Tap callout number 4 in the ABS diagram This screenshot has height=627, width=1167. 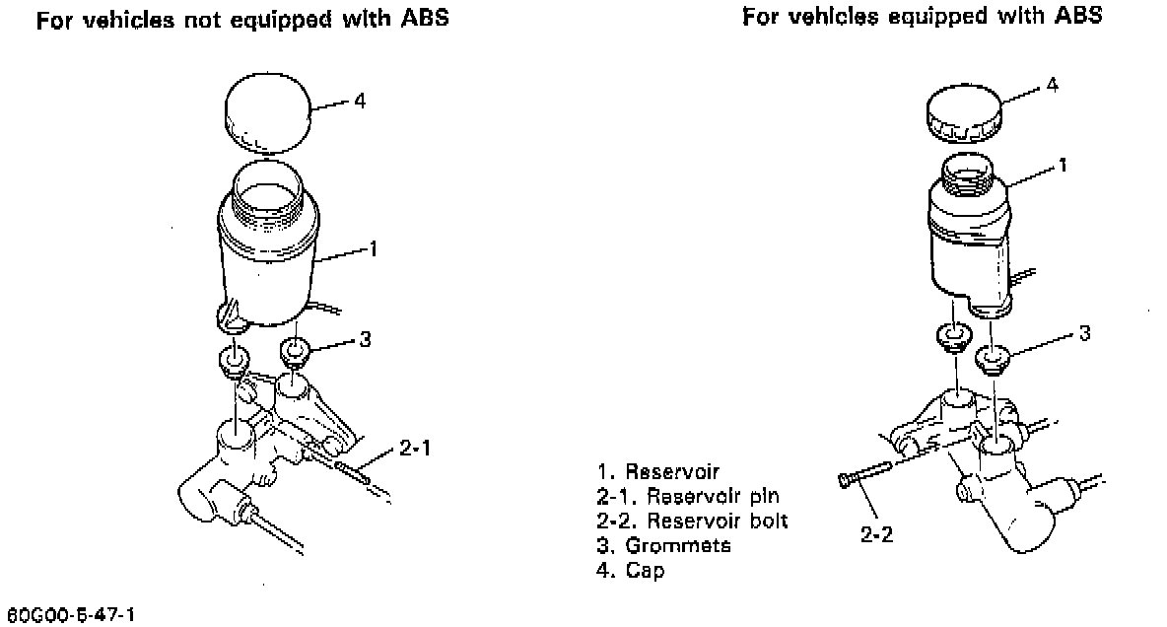coord(1052,85)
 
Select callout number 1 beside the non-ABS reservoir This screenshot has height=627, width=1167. coord(374,249)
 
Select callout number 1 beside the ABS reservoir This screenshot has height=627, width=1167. coord(1063,167)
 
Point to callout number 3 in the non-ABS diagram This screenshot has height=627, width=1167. coord(365,340)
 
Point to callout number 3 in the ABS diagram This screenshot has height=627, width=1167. coord(1084,333)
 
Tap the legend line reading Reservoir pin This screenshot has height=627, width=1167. coord(687,495)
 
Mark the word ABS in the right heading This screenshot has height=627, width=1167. coord(1077,16)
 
